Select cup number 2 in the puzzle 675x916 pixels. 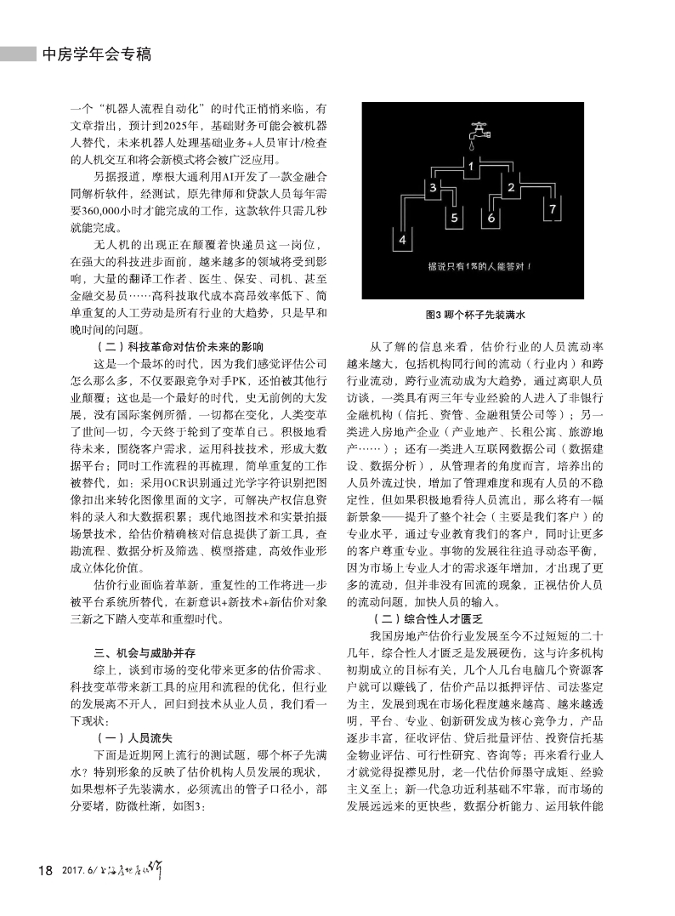[x=512, y=188]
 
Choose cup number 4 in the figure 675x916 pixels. [x=455, y=218]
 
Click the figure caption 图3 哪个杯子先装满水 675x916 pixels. [x=476, y=315]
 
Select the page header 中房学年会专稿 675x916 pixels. [x=96, y=54]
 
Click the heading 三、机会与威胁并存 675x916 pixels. [x=145, y=654]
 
